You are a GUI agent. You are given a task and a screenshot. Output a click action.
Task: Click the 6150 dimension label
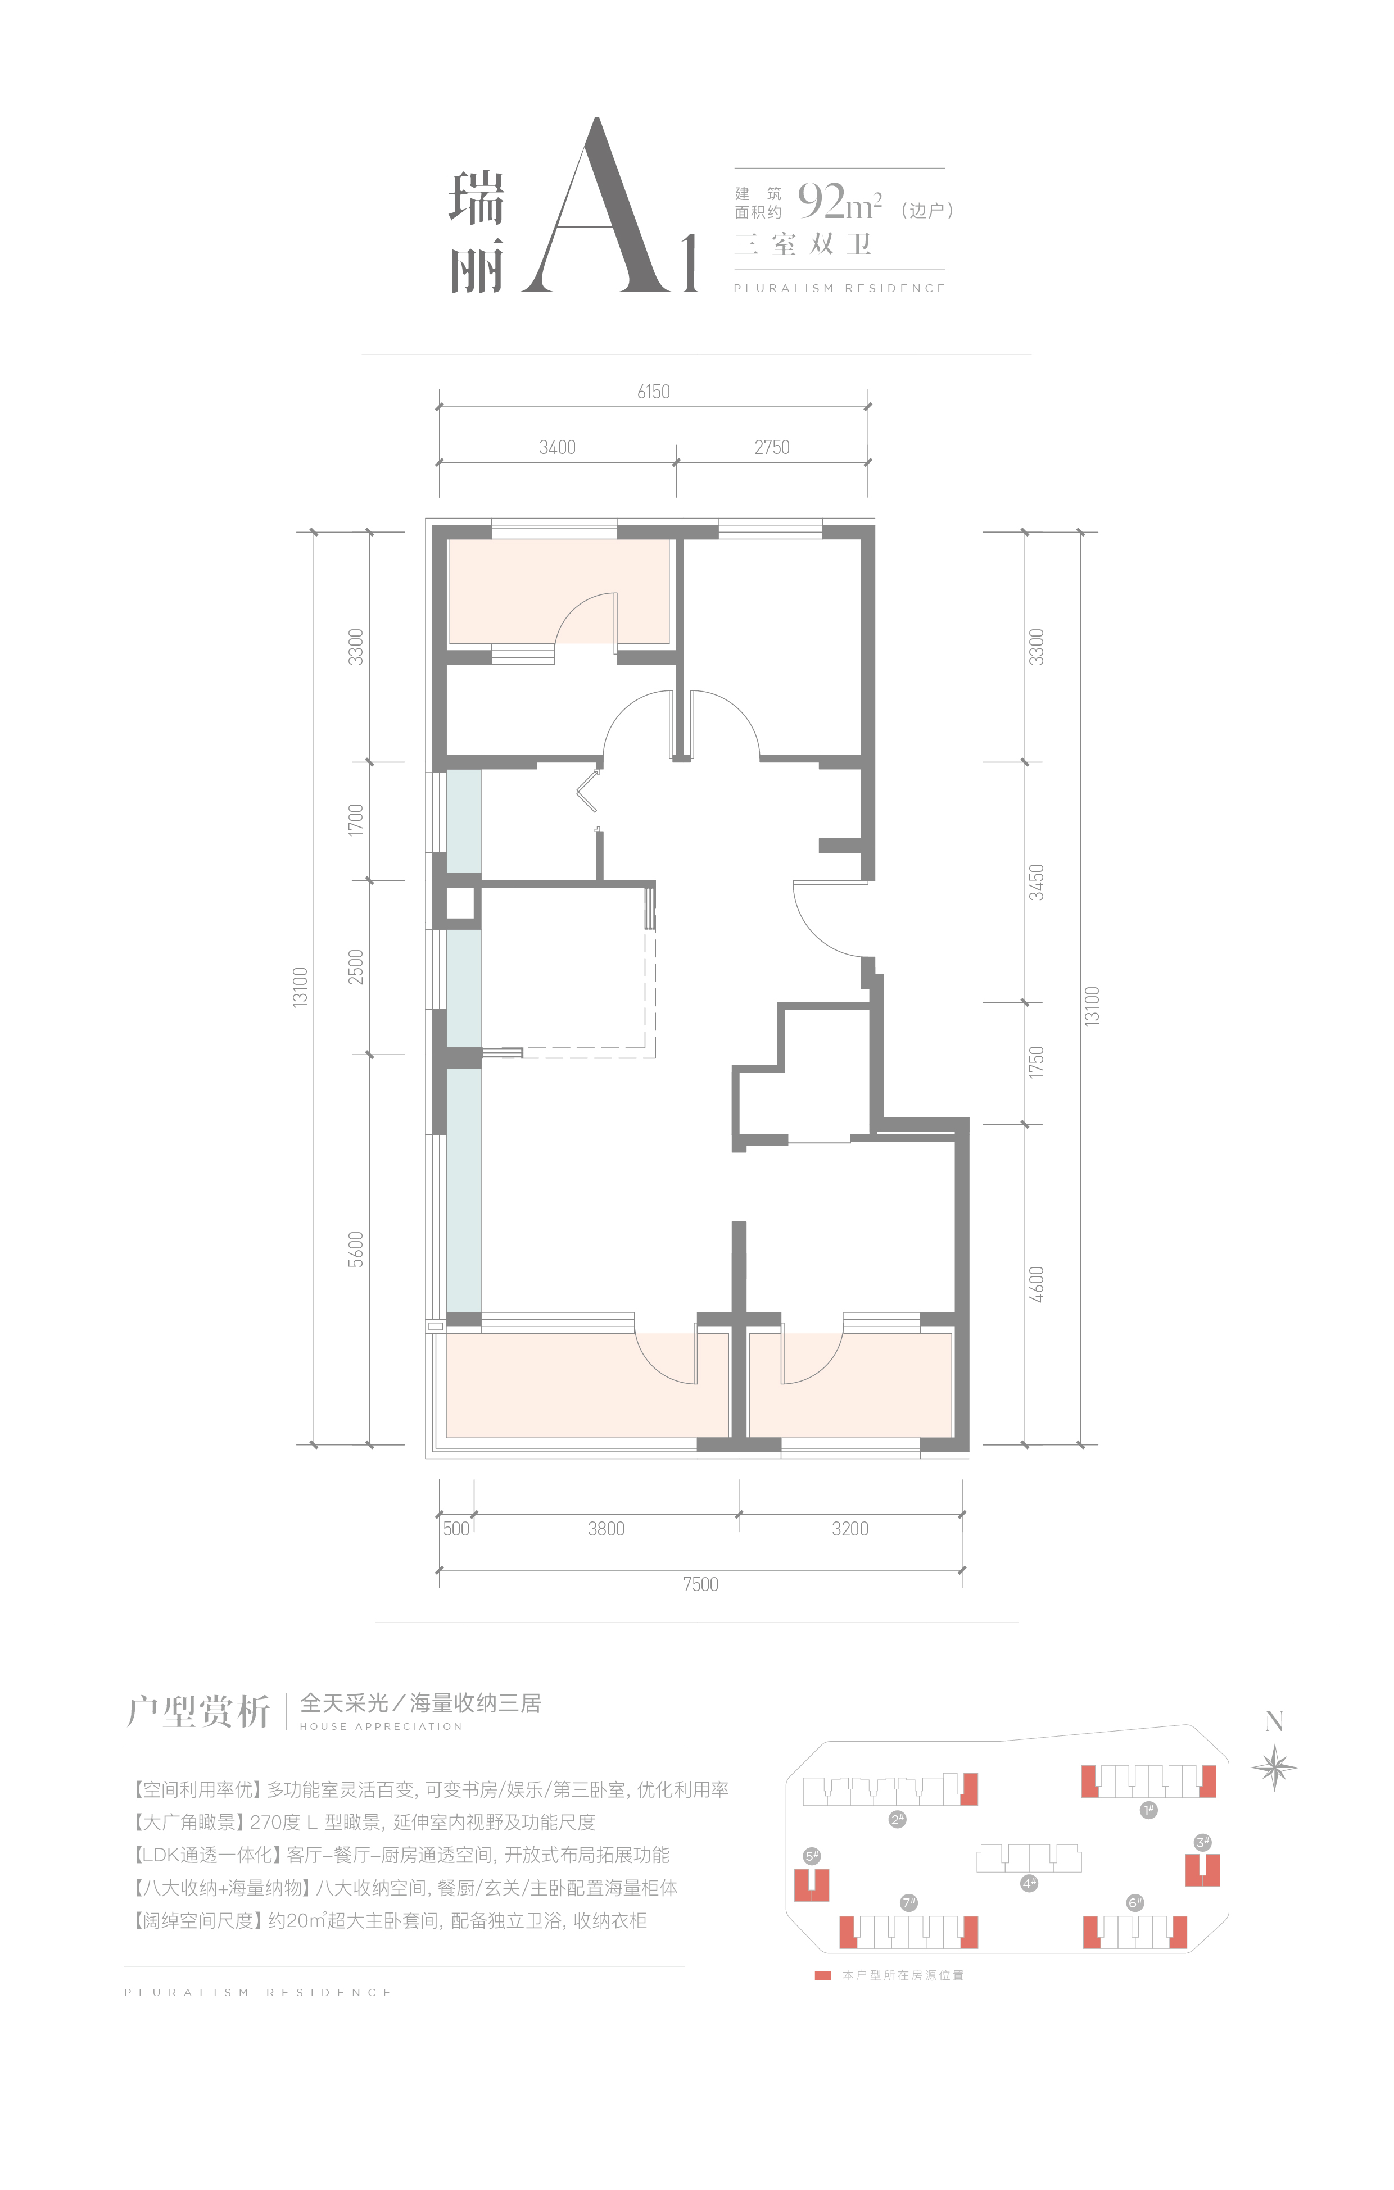point(653,392)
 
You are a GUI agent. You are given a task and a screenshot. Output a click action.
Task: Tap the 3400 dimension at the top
point(557,447)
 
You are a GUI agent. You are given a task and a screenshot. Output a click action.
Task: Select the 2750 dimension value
point(772,447)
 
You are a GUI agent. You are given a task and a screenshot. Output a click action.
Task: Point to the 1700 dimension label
point(356,820)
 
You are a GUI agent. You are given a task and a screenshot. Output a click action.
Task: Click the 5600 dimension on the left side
point(356,1250)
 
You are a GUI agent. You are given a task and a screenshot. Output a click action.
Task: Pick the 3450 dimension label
point(1037,882)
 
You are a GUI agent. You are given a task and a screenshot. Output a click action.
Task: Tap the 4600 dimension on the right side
point(1037,1284)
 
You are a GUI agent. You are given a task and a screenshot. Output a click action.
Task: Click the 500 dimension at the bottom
point(456,1529)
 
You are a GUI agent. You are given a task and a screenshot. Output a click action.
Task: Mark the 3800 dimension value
point(606,1529)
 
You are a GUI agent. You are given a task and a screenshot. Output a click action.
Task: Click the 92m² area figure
point(839,201)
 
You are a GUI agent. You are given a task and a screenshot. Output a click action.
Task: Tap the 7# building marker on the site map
point(908,1903)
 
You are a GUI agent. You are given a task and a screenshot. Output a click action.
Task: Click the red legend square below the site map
point(822,1975)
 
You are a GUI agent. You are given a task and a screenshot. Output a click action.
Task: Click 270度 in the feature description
point(275,1823)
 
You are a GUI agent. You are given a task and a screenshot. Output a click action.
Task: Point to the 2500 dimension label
point(356,967)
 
